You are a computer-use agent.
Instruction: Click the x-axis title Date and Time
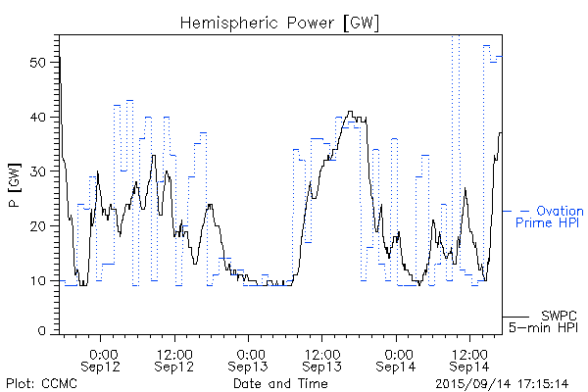pos(280,383)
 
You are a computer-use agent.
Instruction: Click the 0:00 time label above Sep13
pos(250,353)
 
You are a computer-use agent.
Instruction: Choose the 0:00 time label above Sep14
pos(397,353)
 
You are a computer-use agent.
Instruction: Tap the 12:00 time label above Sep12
pos(174,353)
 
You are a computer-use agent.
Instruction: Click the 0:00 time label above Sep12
pos(104,353)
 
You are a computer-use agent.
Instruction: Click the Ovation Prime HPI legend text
pos(549,217)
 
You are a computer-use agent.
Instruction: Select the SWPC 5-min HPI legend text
pos(546,321)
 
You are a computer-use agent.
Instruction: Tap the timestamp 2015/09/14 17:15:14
pos(503,383)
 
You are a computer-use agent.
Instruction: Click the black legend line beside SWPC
pos(516,318)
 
